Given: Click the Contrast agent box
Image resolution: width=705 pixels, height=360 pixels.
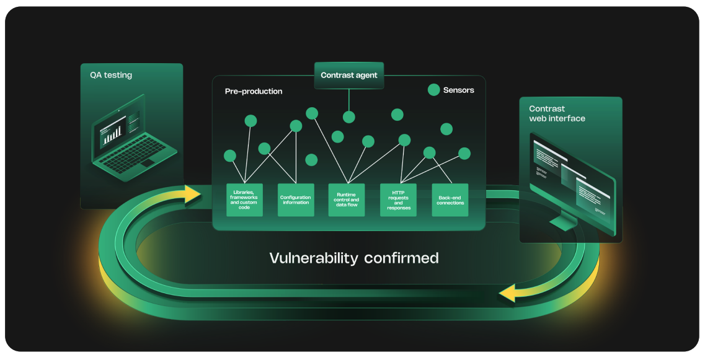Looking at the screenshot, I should pyautogui.click(x=348, y=76).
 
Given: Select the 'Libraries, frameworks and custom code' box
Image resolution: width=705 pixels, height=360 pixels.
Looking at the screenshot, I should pyautogui.click(x=244, y=200).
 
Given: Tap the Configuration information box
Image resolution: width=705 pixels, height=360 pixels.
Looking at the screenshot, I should pyautogui.click(x=296, y=200).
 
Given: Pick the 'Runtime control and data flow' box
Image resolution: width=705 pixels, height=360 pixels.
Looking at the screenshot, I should pyautogui.click(x=347, y=200).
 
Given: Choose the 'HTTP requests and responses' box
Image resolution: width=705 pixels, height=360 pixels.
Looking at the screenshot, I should pyautogui.click(x=398, y=200).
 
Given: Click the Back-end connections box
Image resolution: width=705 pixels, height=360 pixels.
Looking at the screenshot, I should pyautogui.click(x=450, y=200).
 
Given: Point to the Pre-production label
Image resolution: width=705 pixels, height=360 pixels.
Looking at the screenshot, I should pyautogui.click(x=253, y=92).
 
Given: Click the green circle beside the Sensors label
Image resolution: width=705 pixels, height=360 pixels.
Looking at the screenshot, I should pyautogui.click(x=434, y=90).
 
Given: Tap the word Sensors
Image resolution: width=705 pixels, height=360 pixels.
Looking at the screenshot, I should pyautogui.click(x=458, y=90).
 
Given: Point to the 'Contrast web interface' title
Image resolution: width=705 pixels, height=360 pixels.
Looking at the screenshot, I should pyautogui.click(x=557, y=113).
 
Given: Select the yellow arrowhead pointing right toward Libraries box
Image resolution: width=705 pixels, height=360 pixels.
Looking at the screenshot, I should pyautogui.click(x=192, y=193).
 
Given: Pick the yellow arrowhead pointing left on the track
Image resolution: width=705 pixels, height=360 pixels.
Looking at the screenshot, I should pyautogui.click(x=512, y=293).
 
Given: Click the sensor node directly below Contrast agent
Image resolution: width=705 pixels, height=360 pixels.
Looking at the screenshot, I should pyautogui.click(x=349, y=117).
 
